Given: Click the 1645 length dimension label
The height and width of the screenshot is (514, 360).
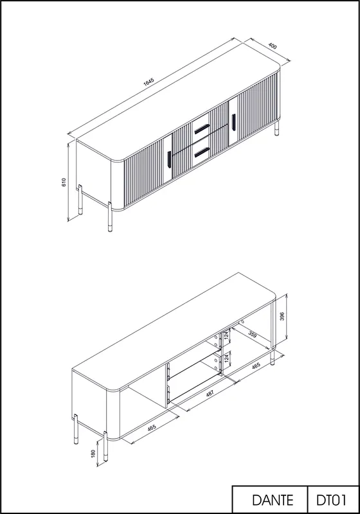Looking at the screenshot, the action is click(x=148, y=82).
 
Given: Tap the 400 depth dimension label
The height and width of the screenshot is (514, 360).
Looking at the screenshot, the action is click(x=273, y=46).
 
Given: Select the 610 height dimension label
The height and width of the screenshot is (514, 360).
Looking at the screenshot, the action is click(x=64, y=182).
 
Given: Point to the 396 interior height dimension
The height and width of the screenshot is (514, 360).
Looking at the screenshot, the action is click(x=282, y=316).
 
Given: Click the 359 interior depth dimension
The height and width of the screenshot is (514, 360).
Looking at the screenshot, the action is click(x=253, y=334).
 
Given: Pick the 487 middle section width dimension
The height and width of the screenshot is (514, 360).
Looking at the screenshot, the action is click(x=210, y=393).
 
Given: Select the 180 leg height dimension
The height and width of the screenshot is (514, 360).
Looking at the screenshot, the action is click(x=93, y=454).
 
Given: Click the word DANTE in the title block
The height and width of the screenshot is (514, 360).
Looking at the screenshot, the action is click(x=273, y=501).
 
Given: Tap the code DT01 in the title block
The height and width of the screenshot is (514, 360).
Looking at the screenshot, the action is click(x=331, y=501).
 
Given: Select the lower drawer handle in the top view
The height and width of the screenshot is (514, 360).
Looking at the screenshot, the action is click(x=202, y=152).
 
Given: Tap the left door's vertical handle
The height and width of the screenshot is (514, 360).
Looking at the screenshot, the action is click(x=169, y=159).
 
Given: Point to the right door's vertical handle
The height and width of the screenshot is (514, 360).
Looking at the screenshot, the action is click(x=234, y=122).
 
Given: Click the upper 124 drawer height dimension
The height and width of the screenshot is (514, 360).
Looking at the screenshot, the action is click(x=226, y=335).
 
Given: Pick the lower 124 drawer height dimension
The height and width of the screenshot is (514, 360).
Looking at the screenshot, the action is click(x=226, y=359).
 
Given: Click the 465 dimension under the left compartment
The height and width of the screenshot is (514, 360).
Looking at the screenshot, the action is click(x=152, y=428).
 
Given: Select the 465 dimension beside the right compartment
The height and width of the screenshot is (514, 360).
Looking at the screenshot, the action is click(x=256, y=366).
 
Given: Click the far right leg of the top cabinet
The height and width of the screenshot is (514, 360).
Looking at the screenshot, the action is click(x=277, y=128).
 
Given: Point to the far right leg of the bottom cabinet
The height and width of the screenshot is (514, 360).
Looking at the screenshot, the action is click(x=273, y=358).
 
